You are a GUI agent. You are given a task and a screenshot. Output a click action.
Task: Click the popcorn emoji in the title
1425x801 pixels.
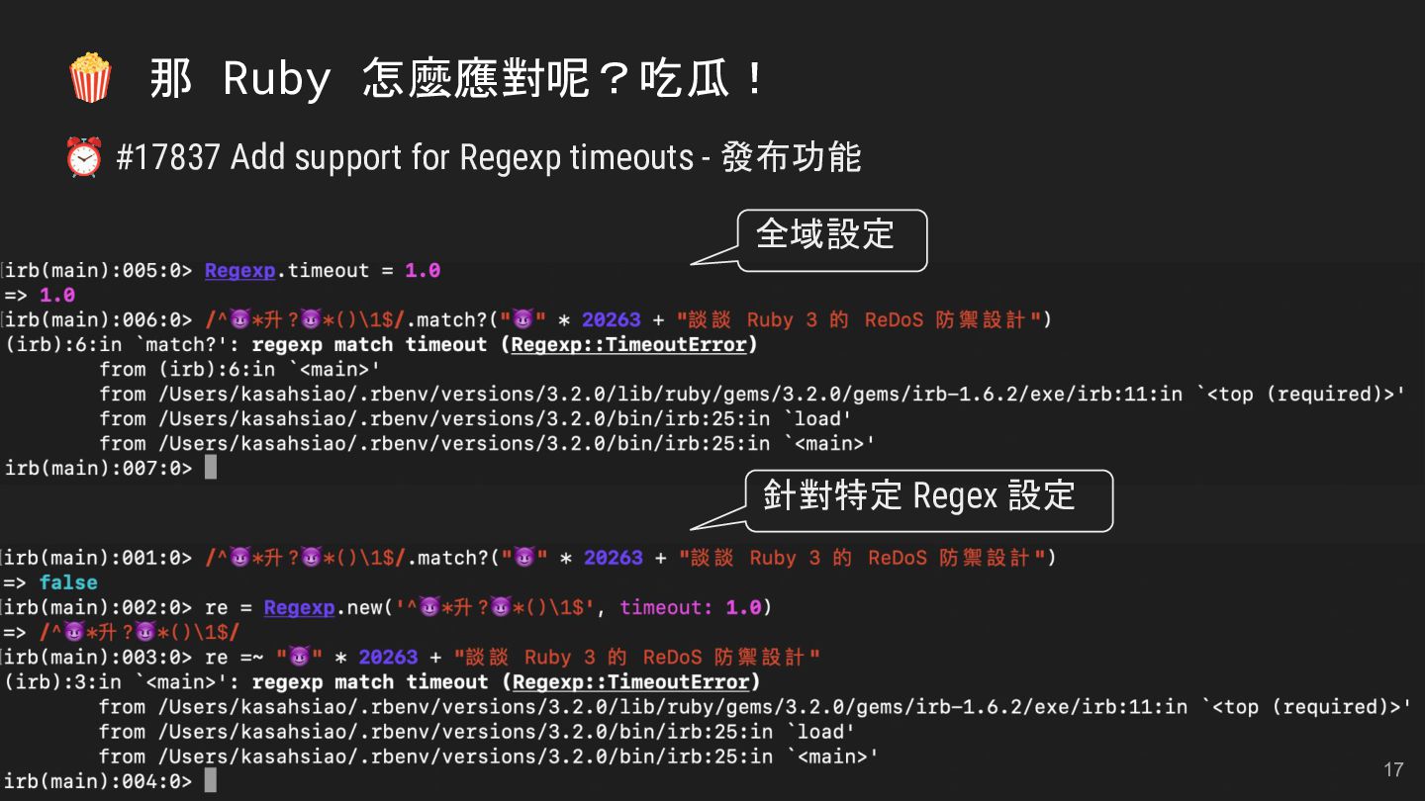90,78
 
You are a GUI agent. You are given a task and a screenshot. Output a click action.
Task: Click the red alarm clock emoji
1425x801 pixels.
84,157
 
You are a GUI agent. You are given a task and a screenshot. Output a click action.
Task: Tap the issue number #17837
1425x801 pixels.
167,158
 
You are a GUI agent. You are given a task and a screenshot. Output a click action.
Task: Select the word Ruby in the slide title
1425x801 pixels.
276,79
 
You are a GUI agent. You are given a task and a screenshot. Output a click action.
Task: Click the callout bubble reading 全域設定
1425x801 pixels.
831,236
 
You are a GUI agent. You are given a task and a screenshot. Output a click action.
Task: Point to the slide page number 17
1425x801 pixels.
1393,769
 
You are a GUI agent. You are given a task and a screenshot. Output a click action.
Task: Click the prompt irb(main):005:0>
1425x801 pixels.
98,271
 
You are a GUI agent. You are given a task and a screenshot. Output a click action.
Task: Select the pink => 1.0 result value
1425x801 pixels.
57,296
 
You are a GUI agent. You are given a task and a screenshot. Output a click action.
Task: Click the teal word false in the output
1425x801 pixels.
68,582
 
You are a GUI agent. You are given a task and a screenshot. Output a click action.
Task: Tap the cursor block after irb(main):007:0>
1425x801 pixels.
211,468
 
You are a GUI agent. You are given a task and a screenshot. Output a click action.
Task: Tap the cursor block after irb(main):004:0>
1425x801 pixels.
211,781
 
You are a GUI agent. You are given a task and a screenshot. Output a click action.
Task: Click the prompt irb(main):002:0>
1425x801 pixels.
98,607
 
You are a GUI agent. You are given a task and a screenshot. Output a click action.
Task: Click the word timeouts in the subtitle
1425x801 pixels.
631,158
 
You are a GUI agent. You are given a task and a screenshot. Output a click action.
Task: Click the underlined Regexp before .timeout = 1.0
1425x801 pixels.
239,271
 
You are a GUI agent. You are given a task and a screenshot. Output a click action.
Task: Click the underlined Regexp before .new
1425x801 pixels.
299,607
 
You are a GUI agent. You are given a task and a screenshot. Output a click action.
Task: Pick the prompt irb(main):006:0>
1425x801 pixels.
98,320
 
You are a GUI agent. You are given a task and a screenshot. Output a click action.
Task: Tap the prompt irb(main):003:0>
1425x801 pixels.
98,658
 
